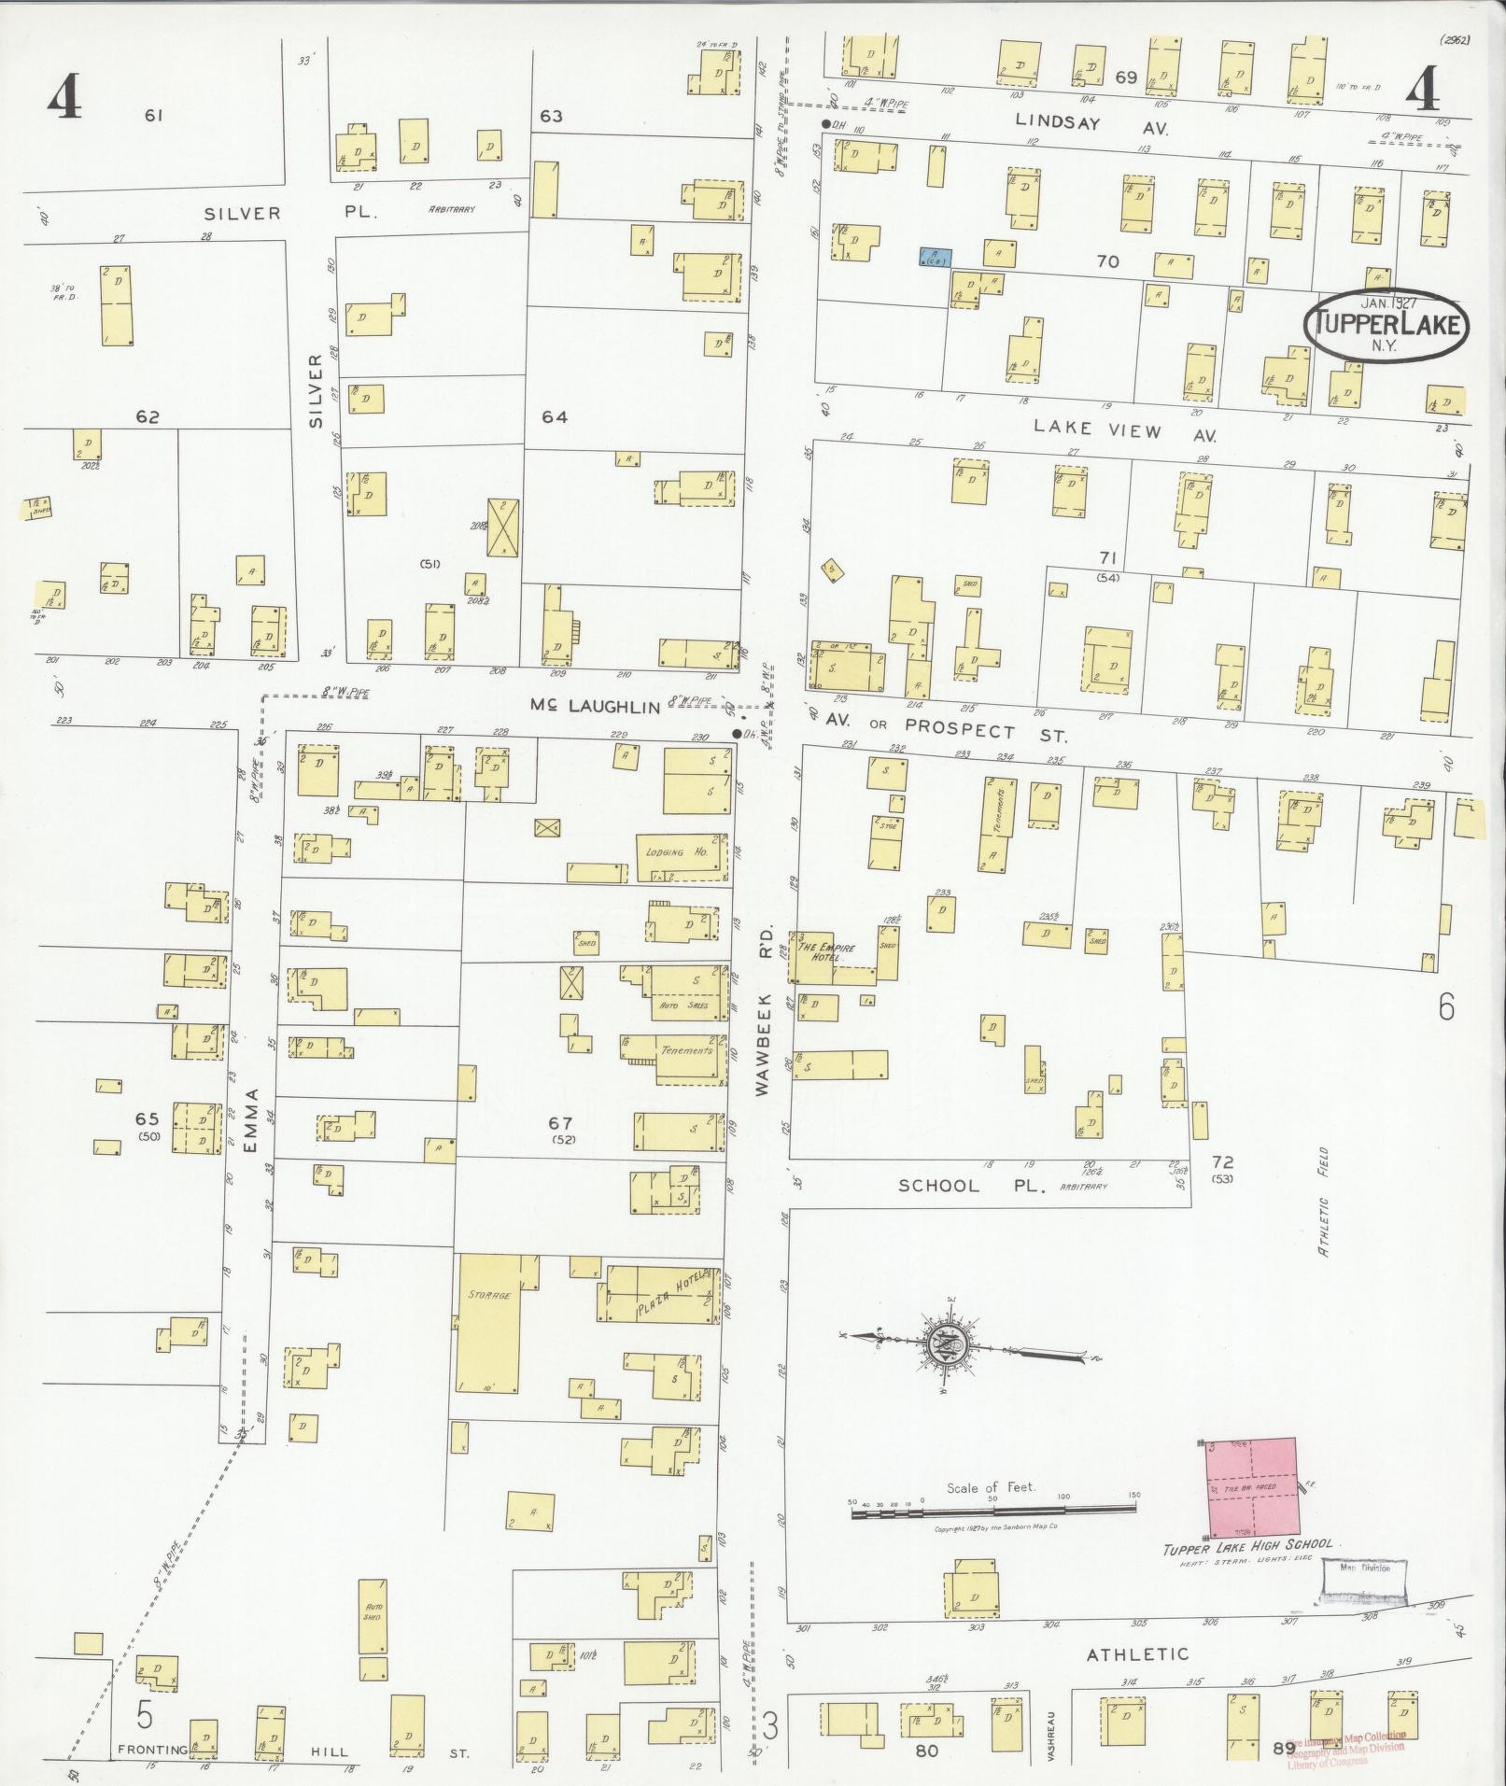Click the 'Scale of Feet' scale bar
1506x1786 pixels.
[995, 1510]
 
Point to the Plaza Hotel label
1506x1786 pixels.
[667, 1294]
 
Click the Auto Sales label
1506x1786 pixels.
[685, 1006]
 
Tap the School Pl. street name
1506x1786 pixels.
[938, 1186]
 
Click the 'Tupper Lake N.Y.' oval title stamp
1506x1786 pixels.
[1390, 324]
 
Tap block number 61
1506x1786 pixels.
[154, 116]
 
